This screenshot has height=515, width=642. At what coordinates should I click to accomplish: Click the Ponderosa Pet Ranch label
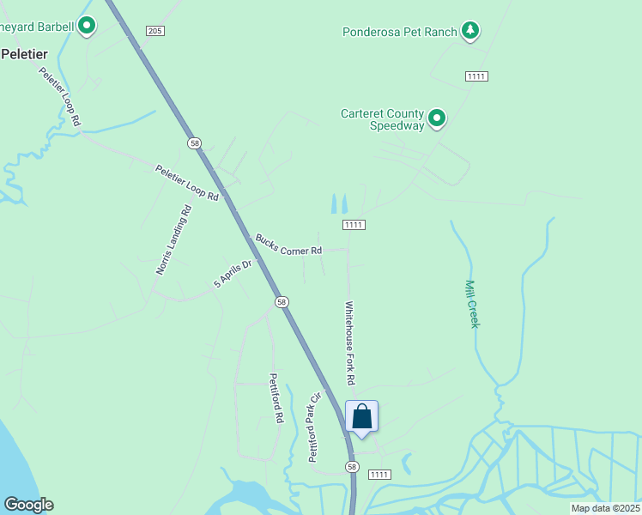tap(399, 33)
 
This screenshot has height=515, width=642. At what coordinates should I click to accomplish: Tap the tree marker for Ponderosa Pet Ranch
tap(469, 31)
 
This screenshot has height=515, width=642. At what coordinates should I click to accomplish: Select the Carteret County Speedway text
tap(383, 119)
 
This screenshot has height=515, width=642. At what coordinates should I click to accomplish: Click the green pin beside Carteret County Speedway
tap(437, 118)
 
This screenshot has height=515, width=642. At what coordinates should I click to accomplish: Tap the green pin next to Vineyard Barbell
tap(87, 26)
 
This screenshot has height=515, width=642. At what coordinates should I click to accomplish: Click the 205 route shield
tap(154, 31)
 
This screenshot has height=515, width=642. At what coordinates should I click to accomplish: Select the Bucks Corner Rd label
tap(288, 244)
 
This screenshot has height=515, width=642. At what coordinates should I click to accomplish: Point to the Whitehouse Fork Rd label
tap(350, 342)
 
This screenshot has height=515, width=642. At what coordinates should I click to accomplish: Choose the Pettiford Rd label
tap(276, 398)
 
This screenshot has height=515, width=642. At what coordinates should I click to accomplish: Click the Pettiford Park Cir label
tap(315, 427)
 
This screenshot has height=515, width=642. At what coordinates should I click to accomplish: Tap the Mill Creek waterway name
tap(471, 303)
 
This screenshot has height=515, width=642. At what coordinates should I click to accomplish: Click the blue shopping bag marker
tap(361, 417)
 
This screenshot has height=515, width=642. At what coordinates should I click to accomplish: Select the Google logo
tap(28, 505)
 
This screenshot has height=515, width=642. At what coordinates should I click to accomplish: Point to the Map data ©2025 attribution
tap(605, 508)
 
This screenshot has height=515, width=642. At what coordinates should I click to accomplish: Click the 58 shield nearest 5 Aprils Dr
tap(282, 302)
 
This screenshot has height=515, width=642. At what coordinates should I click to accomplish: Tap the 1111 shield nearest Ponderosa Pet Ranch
tap(477, 76)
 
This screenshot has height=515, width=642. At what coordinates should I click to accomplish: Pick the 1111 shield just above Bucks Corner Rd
tap(354, 225)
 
